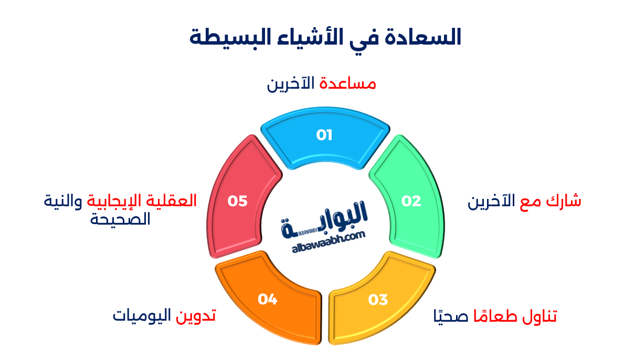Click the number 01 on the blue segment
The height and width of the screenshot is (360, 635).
coord(324,135)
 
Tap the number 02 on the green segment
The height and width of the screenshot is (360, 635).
coord(411,201)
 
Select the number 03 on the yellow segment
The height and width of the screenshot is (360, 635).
coord(377,300)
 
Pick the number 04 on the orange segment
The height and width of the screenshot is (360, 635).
coord(267,299)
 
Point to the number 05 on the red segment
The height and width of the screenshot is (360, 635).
coord(237,201)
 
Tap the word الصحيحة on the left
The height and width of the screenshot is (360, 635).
coord(121,219)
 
